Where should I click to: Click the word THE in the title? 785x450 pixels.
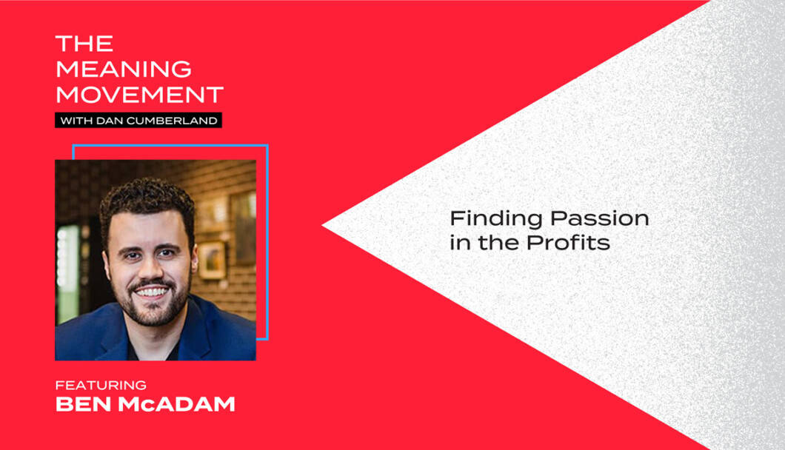tap(84, 44)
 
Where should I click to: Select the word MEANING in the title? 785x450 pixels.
tap(124, 69)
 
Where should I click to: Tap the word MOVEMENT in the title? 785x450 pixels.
tap(139, 95)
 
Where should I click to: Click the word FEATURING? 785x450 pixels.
tap(101, 385)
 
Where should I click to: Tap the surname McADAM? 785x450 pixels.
tap(177, 404)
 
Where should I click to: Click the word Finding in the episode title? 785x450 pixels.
tap(496, 219)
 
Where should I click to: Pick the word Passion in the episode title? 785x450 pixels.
tap(600, 218)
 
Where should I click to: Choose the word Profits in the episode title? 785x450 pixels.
tap(568, 243)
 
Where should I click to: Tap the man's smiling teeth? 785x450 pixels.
tap(153, 292)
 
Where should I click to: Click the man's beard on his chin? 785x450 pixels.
tap(153, 313)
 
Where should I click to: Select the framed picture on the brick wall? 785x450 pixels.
tap(213, 261)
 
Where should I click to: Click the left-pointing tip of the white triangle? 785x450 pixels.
tap(322, 226)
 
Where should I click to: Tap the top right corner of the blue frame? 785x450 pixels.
tap(267, 146)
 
